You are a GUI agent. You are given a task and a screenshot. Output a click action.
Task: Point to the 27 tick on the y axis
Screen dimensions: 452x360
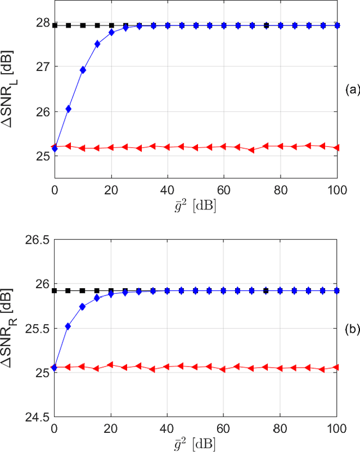point(43,66)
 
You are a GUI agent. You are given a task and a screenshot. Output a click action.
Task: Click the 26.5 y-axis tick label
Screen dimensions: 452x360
point(39,240)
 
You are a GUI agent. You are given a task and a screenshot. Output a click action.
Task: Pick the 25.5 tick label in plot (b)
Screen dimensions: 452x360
point(39,329)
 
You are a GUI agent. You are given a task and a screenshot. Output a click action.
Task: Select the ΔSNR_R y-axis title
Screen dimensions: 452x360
point(12,329)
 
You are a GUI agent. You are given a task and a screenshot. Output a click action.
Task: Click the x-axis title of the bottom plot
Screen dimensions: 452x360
point(195,442)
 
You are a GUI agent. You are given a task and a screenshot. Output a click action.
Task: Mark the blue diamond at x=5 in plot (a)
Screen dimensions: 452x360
point(69,109)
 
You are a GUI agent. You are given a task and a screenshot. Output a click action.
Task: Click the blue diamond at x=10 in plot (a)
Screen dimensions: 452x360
point(83,70)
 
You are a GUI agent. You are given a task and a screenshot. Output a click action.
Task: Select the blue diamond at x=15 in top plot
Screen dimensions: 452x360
point(97,44)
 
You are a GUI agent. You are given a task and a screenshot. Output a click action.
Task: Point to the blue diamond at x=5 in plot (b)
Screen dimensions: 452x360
point(69,326)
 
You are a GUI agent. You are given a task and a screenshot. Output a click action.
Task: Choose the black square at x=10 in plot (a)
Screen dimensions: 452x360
point(83,25)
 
